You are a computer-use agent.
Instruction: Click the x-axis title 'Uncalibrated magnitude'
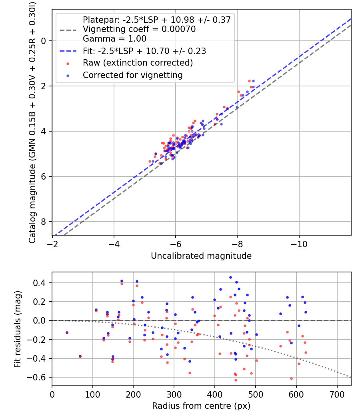coord(201,256)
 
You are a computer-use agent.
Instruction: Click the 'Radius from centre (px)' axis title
coord(201,406)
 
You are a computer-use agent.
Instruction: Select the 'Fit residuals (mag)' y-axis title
coord(17,329)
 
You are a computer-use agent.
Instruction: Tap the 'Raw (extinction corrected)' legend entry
coord(138,63)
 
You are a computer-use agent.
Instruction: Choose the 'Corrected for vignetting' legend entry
coord(132,75)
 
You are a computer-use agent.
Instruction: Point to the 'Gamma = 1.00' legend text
coord(114,39)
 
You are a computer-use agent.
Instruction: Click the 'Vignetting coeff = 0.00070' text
coord(139,29)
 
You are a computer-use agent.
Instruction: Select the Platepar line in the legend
coord(156,20)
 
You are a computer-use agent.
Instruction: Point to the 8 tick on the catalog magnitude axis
coord(44,222)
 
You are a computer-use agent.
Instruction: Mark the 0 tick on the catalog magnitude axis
coord(44,41)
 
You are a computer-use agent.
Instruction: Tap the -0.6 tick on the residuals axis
coord(40,377)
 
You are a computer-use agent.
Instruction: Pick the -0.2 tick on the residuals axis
coord(40,340)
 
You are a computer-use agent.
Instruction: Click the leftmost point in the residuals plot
coord(67,332)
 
